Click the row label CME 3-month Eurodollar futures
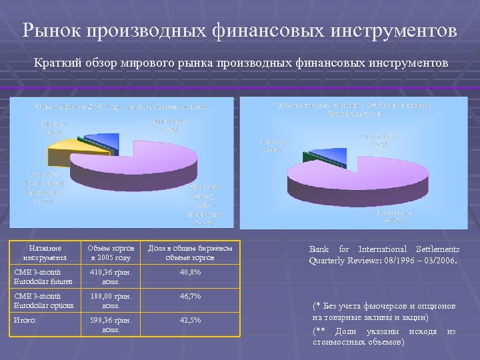(x=41, y=277)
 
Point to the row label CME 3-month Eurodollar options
(x=41, y=301)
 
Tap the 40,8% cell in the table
(x=189, y=273)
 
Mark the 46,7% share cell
(x=189, y=297)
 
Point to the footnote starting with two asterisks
(x=384, y=336)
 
